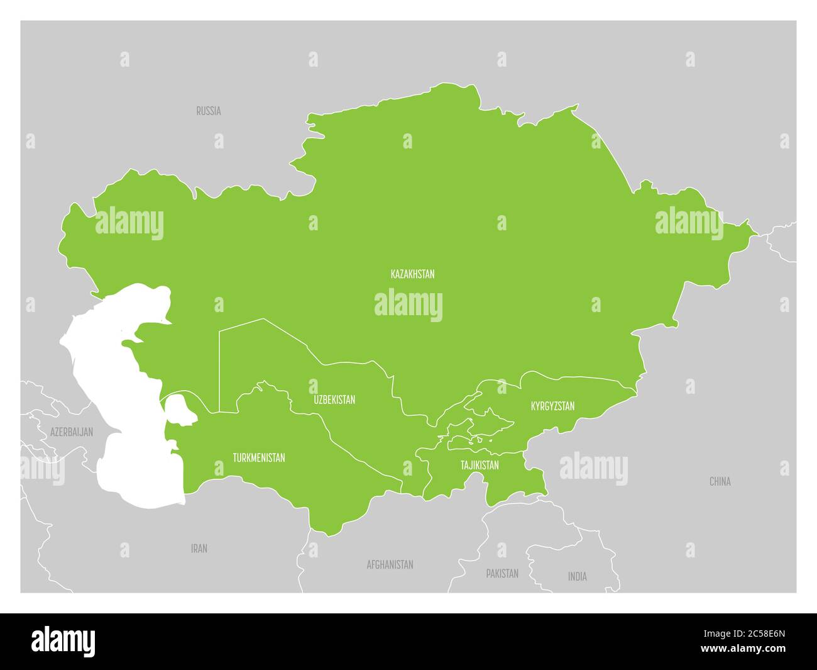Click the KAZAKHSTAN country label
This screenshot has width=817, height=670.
point(412,274)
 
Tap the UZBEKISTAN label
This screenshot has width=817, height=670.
point(334,399)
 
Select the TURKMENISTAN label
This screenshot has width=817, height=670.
point(258,457)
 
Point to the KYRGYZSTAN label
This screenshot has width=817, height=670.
point(552,406)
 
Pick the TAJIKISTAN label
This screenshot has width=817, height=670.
point(480,465)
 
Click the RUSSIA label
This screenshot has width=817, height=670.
point(208,111)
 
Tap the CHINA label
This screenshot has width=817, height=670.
point(720,481)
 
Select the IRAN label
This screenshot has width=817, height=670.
point(199,549)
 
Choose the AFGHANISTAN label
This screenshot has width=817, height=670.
point(390,564)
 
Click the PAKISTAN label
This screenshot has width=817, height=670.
point(502,573)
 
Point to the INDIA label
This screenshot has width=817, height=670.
point(577,576)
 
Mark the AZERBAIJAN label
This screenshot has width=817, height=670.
point(72,432)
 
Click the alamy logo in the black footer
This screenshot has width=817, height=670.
point(63,640)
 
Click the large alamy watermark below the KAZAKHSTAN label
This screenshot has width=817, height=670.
point(409,305)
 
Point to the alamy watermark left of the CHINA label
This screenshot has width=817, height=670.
point(593,469)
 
